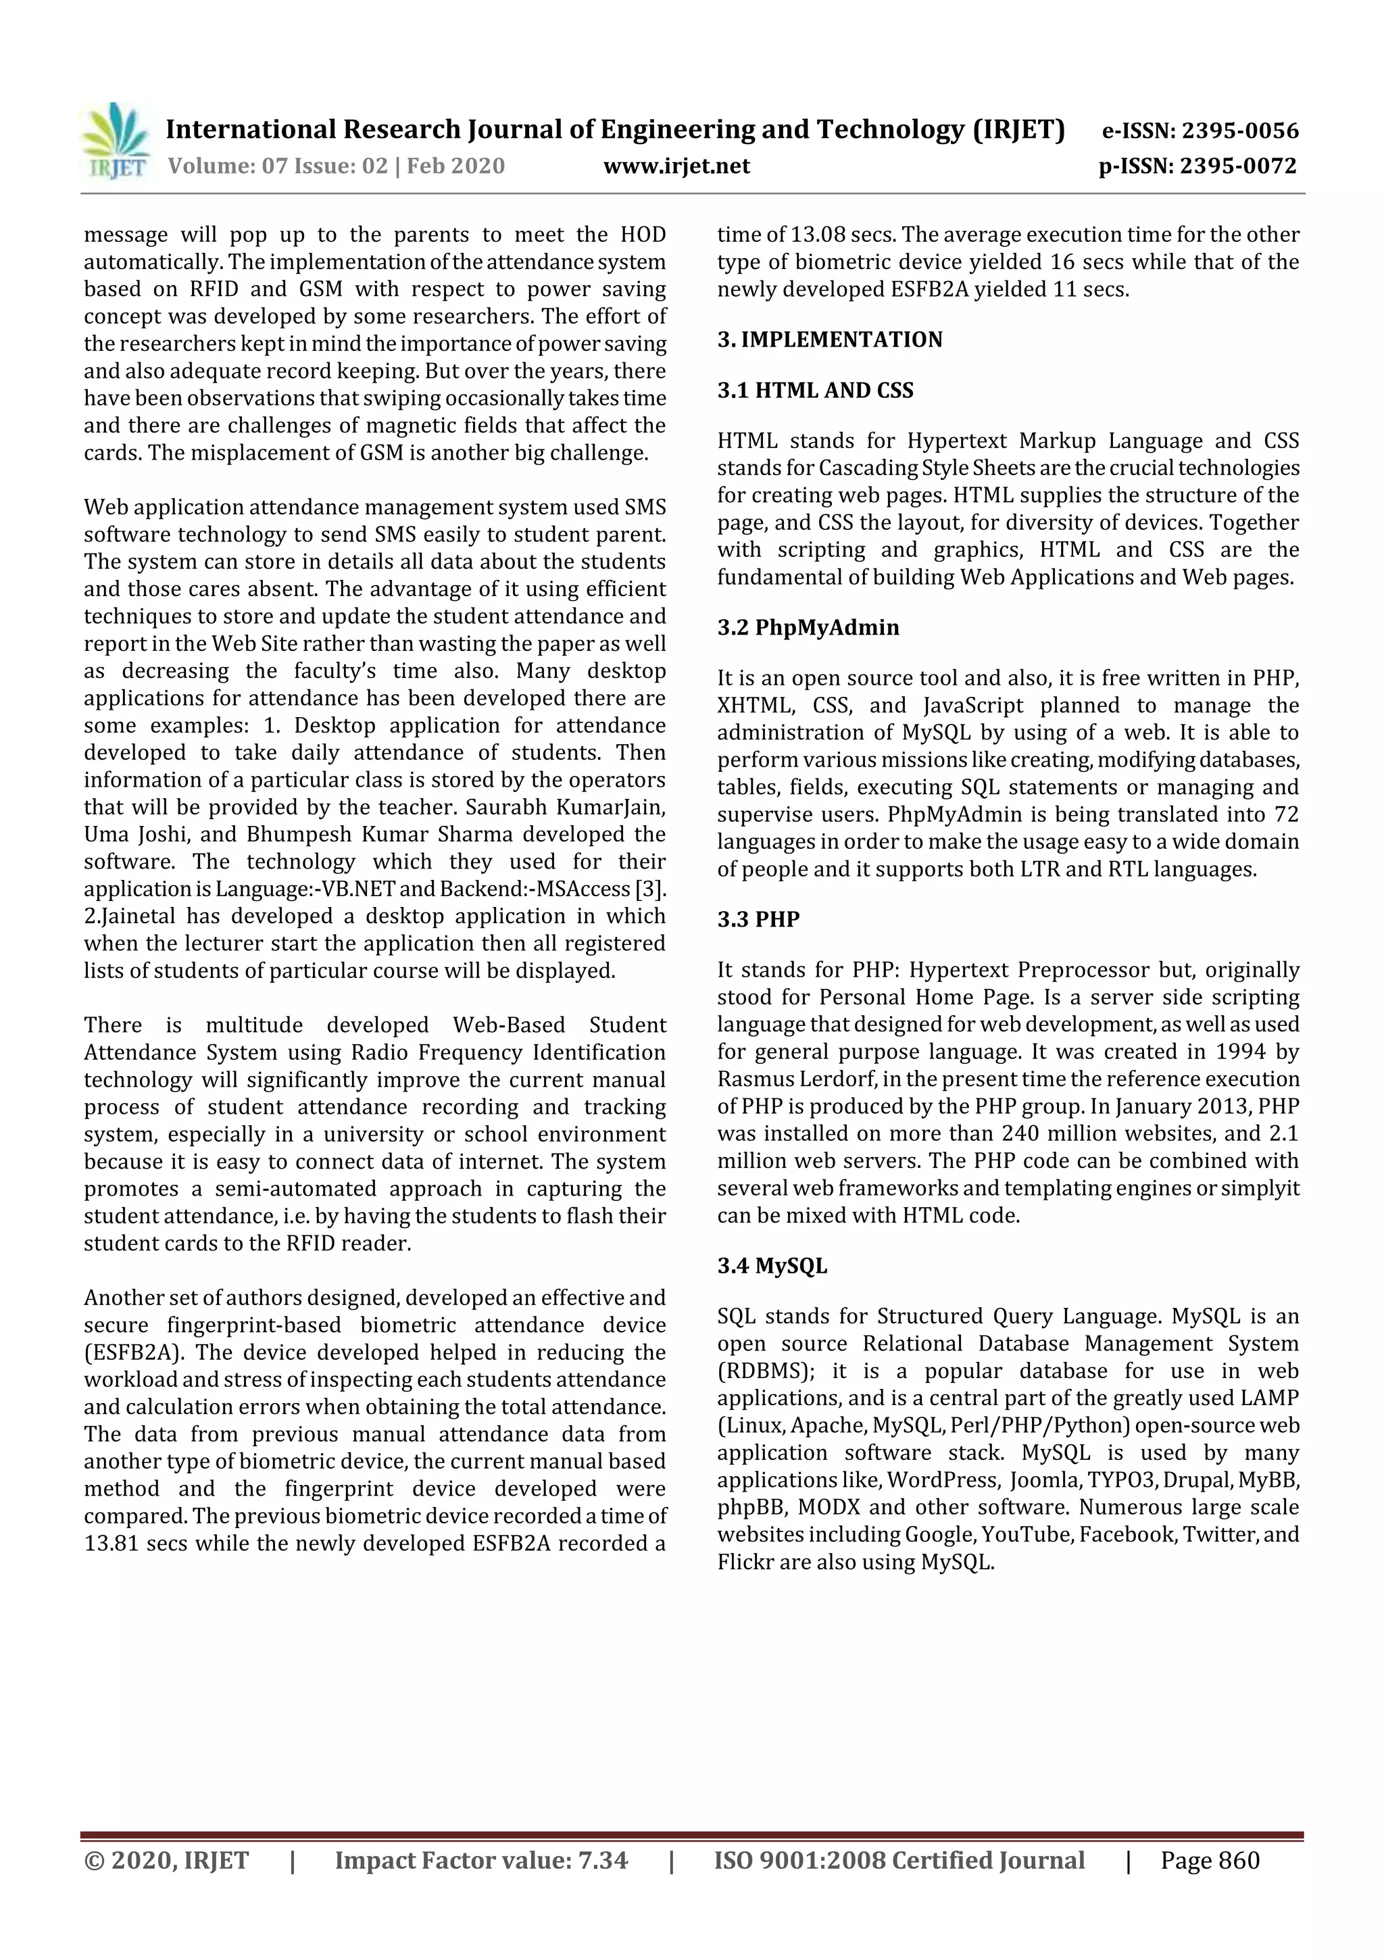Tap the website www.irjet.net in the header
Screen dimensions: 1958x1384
pos(676,166)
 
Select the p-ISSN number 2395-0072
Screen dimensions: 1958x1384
pos(1237,166)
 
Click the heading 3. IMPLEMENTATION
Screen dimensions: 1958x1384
pos(829,339)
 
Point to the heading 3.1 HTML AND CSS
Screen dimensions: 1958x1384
pos(814,391)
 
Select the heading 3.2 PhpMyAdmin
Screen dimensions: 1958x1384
pos(808,628)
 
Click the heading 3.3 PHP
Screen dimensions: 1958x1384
pos(758,919)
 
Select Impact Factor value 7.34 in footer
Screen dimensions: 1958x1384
pos(481,1860)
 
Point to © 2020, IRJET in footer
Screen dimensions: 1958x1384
pos(166,1860)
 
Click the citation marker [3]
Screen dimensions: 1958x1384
pos(651,889)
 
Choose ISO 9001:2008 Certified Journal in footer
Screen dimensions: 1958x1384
pos(899,1860)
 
